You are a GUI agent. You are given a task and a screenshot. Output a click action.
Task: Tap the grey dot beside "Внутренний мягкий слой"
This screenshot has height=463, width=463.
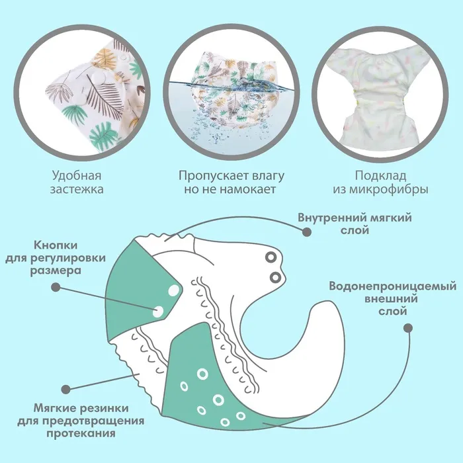(306, 232)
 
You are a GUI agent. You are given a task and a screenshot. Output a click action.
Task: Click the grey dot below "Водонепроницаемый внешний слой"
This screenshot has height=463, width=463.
(407, 327)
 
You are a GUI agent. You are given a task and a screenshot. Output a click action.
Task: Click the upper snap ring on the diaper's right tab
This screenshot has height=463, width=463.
(270, 256)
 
